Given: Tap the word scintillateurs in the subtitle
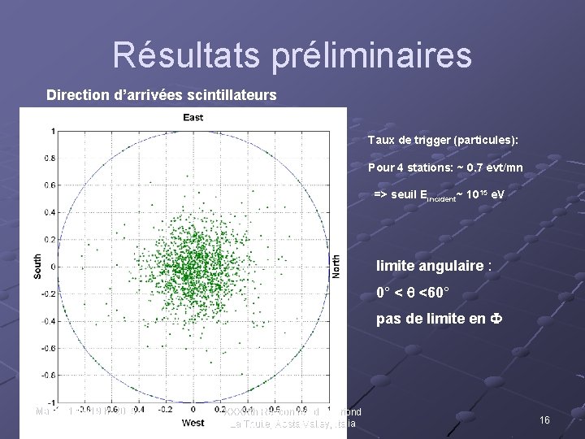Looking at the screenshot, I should [x=234, y=95].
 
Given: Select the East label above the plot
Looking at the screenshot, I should [x=193, y=118].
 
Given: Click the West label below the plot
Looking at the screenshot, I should [x=193, y=423].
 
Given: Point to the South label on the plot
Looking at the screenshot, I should [x=38, y=267].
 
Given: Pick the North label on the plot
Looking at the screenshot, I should [x=336, y=267].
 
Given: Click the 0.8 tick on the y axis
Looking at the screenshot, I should [x=50, y=158].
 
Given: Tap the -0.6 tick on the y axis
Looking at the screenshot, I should [x=49, y=348].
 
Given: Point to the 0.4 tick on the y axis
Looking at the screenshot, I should [x=50, y=212].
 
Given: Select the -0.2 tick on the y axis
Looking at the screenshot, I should [x=49, y=293].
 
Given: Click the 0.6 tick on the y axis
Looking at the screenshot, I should [x=50, y=185].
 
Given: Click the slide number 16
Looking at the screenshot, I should [x=545, y=420].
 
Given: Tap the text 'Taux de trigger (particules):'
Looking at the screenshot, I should [x=443, y=141].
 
